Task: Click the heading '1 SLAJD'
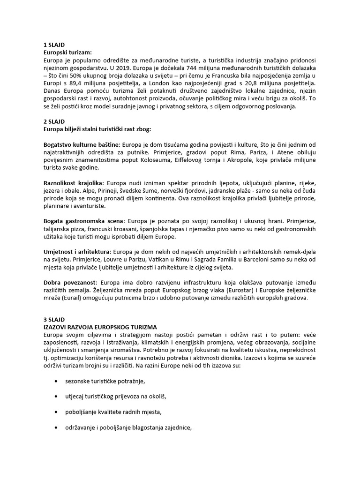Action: pyautogui.click(x=54, y=45)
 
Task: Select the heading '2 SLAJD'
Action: pyautogui.click(x=54, y=121)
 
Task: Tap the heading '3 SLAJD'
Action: pyautogui.click(x=54, y=319)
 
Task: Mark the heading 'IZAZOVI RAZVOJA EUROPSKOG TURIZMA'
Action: pyautogui.click(x=100, y=326)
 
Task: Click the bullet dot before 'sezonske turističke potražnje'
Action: pyautogui.click(x=56, y=382)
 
